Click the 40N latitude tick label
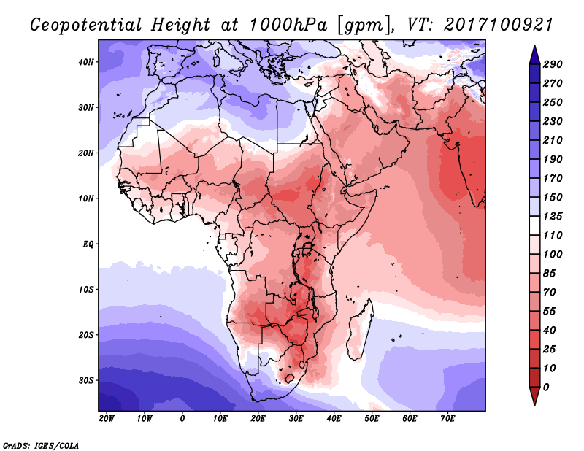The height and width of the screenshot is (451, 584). coord(86,62)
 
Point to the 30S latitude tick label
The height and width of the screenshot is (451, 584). coord(86,380)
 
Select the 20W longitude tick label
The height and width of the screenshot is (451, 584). coord(107,418)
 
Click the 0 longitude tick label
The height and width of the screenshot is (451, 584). coord(182,418)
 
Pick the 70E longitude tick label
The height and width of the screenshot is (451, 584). coord(448,418)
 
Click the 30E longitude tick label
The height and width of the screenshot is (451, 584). coord(296,418)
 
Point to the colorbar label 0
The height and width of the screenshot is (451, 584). coord(547,387)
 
